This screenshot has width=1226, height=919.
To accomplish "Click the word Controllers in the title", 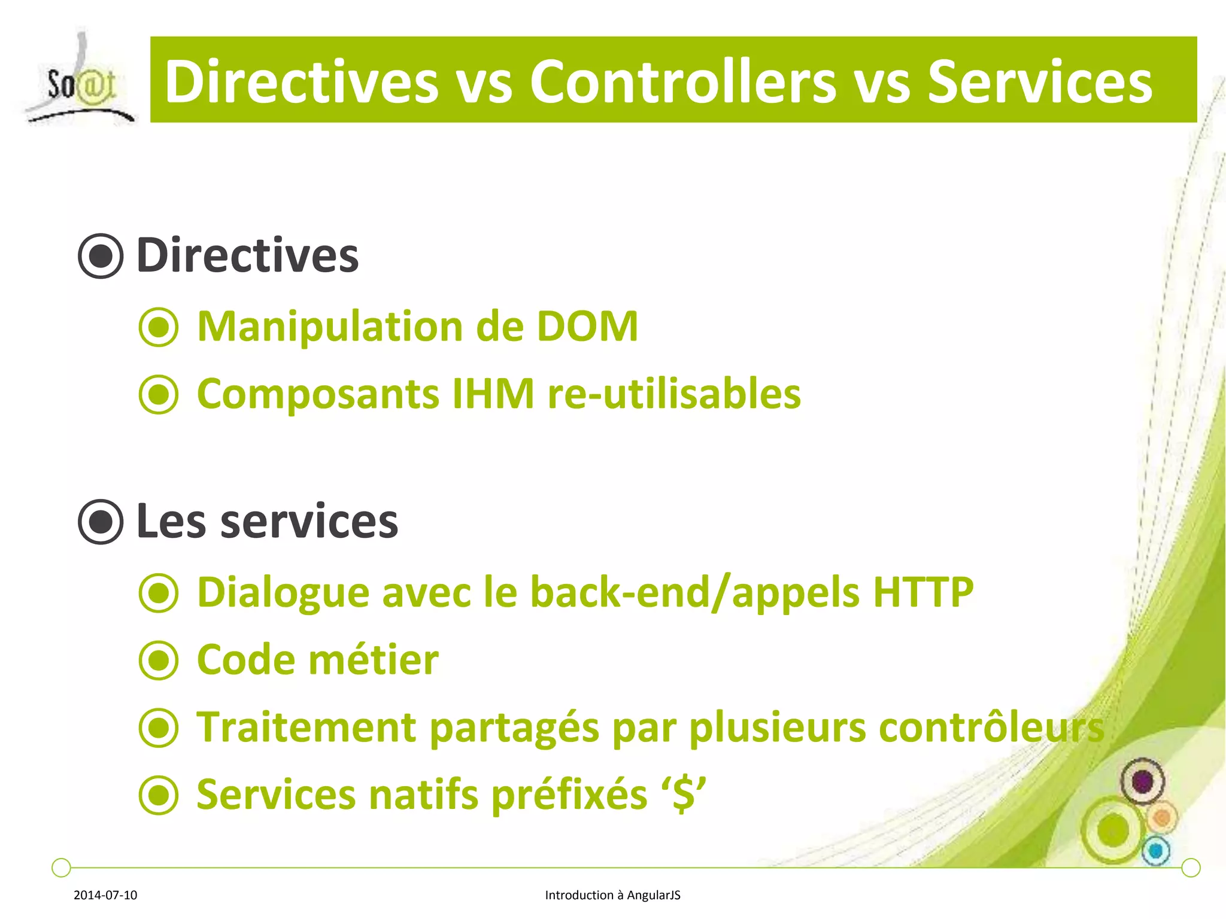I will pos(682,82).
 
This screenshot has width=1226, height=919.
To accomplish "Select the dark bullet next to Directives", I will pos(101,256).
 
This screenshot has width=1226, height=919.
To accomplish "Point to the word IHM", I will pos(492,394).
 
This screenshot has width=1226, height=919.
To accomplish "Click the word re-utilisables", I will pos(674,394).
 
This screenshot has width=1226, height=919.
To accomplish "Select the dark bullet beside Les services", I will pos(101,522).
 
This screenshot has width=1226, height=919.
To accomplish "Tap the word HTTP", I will pos(922,592).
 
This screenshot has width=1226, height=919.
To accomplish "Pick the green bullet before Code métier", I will pos(159,661).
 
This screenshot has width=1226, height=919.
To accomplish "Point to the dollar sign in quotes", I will pos(684,795).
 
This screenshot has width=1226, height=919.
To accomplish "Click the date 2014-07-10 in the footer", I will pos(105,895).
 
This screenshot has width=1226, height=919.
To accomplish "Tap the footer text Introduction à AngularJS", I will pos(612,895).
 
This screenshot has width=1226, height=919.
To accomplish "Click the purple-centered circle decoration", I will pos(1142,781).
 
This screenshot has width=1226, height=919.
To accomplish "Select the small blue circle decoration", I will pos(1156,850).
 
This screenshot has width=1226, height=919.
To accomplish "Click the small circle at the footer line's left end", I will pos(61,867).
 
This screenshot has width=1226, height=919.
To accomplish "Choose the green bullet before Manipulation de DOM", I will pos(159,327).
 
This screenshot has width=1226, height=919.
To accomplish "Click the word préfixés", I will pos(569,795).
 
